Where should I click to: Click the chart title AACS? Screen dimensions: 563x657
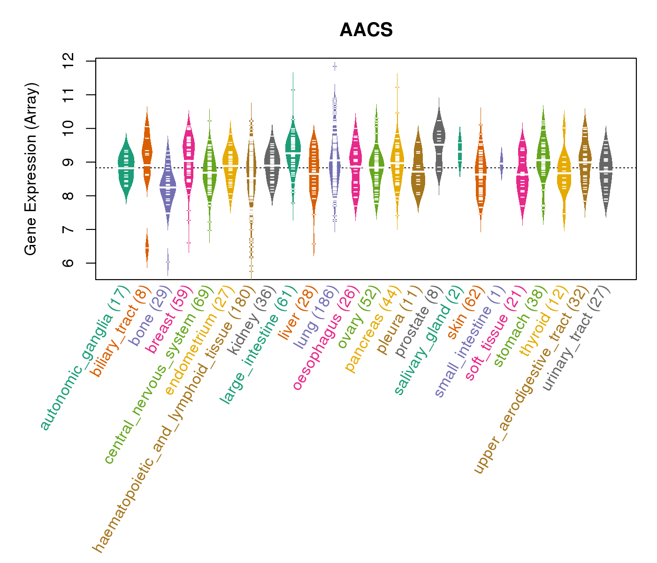click(x=366, y=30)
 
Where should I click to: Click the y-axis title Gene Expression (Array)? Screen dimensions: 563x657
click(x=31, y=169)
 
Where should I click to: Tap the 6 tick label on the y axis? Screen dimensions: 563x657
click(x=68, y=263)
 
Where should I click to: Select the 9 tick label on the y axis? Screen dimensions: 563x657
click(x=68, y=162)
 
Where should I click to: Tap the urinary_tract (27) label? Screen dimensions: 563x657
click(x=576, y=340)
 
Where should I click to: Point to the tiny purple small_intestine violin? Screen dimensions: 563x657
click(x=501, y=164)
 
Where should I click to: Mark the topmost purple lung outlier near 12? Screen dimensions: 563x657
click(x=335, y=67)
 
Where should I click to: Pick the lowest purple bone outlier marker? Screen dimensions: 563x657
click(x=168, y=262)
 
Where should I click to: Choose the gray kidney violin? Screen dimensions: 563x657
click(x=272, y=164)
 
